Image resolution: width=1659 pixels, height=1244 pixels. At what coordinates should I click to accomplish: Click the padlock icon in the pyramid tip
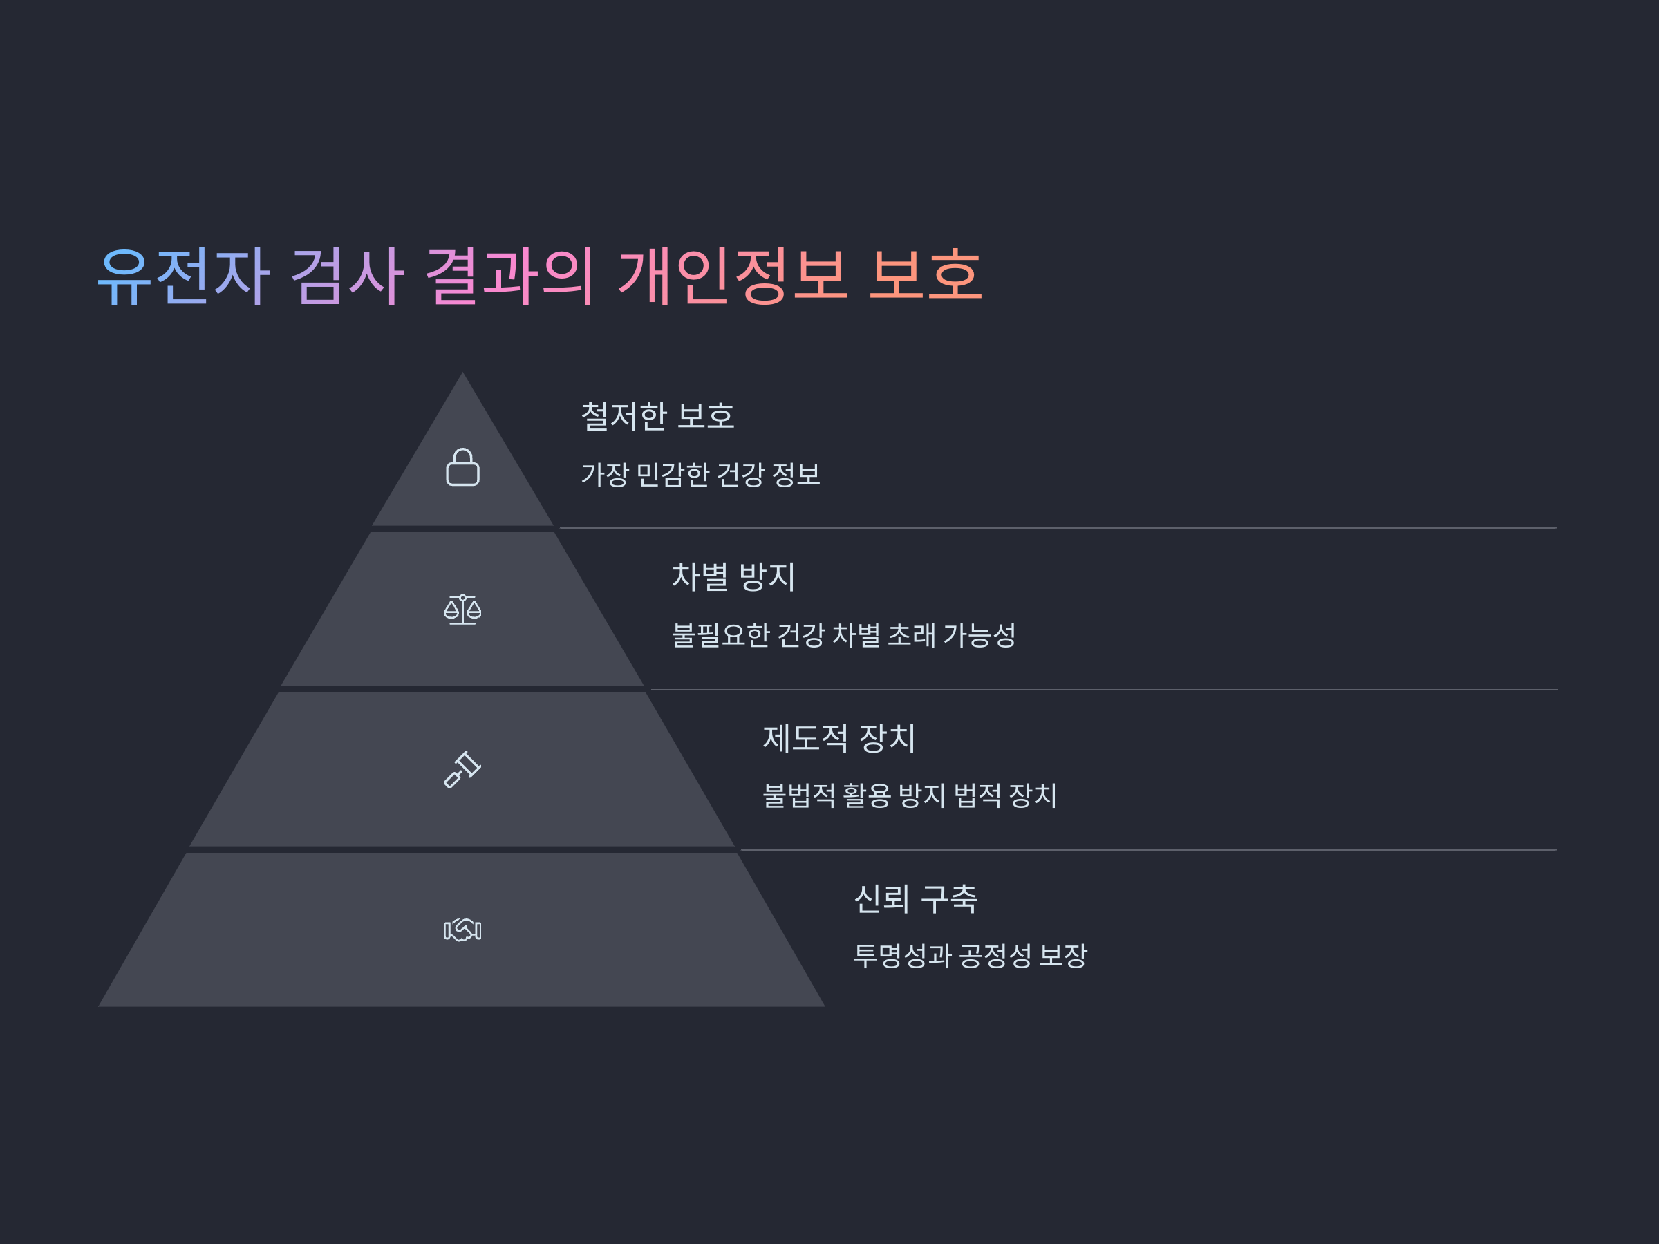(x=462, y=467)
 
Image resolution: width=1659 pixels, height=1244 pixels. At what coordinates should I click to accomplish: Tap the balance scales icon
(x=462, y=610)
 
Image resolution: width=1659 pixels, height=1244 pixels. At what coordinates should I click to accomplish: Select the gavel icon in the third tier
(x=462, y=769)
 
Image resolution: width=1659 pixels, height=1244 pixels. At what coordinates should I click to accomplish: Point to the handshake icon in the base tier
(x=462, y=930)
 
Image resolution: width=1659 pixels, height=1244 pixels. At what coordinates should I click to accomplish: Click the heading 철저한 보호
(x=658, y=416)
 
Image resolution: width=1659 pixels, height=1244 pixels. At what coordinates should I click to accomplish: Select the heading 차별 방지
(x=733, y=576)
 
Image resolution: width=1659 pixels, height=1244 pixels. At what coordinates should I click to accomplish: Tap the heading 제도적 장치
(x=839, y=738)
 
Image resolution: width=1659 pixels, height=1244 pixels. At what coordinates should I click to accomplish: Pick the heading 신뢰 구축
(x=916, y=898)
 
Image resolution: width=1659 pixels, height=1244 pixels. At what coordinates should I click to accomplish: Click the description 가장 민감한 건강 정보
(x=700, y=475)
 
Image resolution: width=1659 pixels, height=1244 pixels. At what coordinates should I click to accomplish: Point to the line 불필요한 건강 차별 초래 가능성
(x=844, y=635)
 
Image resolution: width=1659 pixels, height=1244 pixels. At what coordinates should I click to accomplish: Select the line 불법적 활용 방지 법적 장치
(x=910, y=795)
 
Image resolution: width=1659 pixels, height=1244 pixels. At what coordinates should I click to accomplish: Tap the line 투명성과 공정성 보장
(x=971, y=956)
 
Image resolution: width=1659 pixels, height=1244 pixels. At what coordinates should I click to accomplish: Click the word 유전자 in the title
(x=184, y=276)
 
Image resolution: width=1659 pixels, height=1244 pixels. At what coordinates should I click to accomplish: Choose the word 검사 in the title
(x=347, y=276)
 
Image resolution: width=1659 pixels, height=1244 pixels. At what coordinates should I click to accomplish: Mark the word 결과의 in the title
(x=510, y=276)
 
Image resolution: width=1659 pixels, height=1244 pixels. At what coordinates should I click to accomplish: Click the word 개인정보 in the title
(x=733, y=276)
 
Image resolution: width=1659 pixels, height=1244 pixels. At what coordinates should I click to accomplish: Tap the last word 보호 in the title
(x=925, y=276)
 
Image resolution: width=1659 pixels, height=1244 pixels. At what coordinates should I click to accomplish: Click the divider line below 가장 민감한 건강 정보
(x=1058, y=528)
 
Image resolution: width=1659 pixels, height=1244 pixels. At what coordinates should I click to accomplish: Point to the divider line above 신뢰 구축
(x=1147, y=850)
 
